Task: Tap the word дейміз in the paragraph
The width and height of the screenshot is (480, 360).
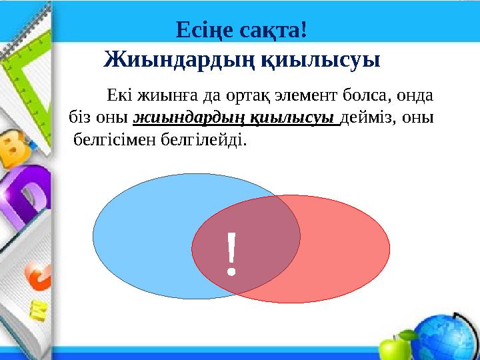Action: point(371,118)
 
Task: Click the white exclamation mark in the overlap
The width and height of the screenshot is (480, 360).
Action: point(231,253)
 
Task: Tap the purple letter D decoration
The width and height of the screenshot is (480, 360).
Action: point(27,197)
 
